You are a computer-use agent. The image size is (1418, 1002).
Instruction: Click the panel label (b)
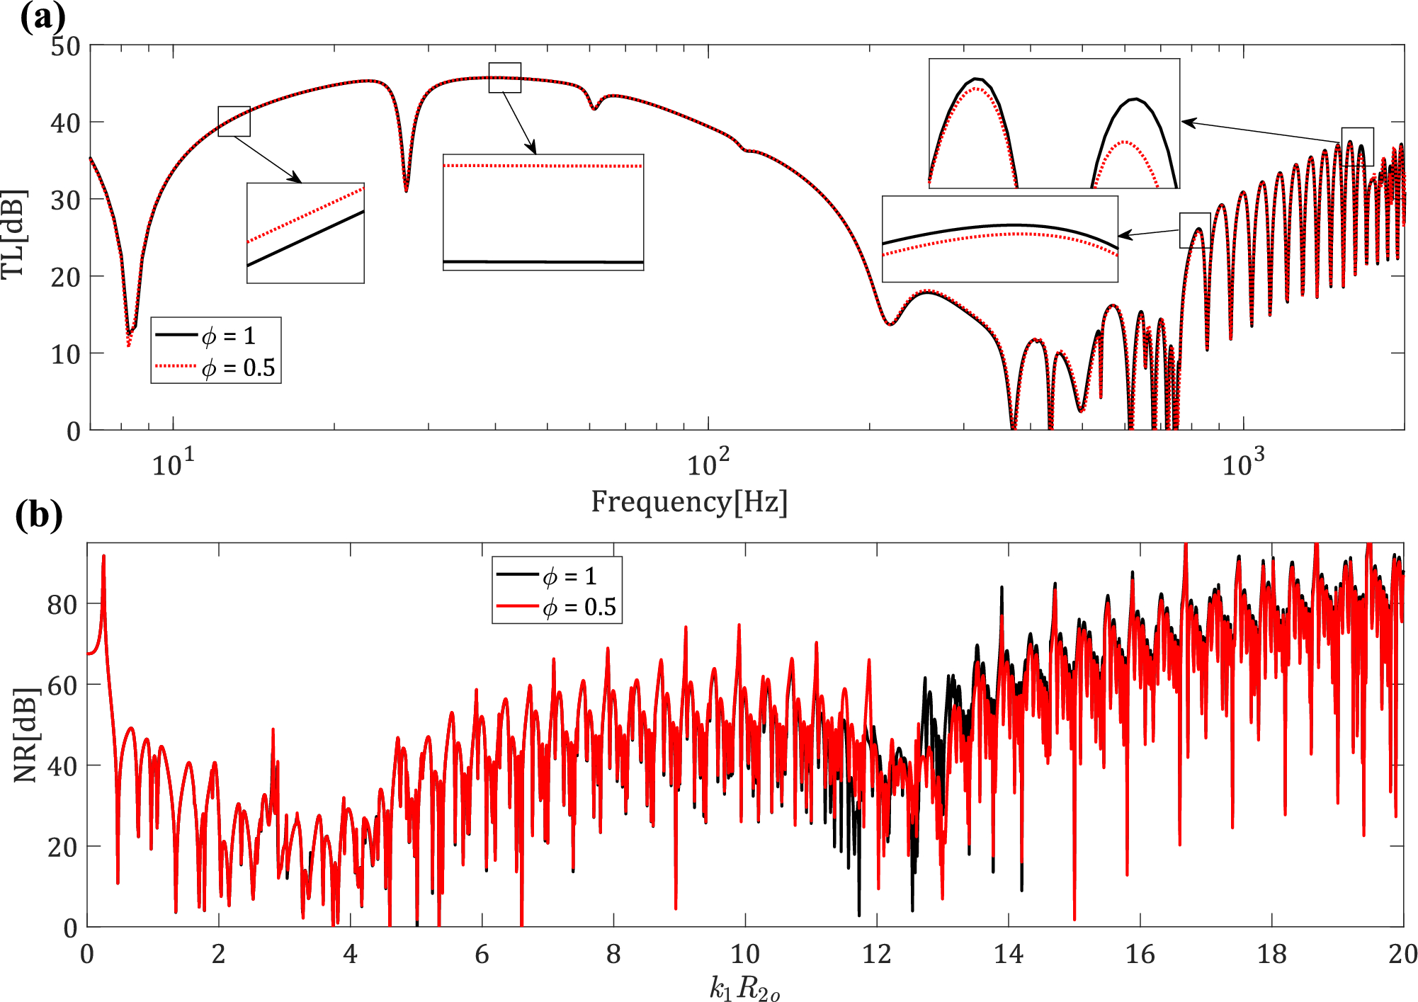(x=38, y=515)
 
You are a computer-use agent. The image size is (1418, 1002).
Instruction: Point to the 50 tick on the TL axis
(x=65, y=47)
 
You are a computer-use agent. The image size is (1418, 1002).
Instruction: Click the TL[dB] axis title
(x=14, y=234)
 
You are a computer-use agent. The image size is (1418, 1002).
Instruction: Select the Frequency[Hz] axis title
(x=688, y=501)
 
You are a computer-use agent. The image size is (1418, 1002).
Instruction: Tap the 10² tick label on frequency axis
(x=708, y=464)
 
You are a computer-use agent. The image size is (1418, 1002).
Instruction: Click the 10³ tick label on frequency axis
(x=1242, y=464)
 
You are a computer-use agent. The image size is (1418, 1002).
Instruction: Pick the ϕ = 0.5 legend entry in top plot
(x=216, y=368)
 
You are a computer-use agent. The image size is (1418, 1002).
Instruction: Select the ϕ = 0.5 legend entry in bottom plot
(x=557, y=608)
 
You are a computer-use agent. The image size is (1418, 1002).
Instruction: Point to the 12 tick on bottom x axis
(x=876, y=955)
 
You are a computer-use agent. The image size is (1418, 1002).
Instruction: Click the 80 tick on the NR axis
(x=62, y=605)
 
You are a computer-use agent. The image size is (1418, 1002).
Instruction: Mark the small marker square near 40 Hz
(x=504, y=77)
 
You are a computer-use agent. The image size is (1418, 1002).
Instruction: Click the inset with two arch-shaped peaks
(x=1054, y=123)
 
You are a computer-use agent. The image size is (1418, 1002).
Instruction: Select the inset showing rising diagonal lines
(x=305, y=233)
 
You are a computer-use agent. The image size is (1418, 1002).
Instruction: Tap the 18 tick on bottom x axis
(x=1271, y=955)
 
